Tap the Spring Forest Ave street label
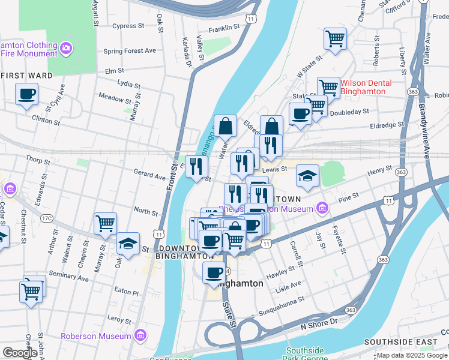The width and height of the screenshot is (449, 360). coord(129,50)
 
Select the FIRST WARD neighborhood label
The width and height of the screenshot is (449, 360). coord(26,76)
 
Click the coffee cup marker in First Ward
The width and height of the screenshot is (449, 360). coord(27,95)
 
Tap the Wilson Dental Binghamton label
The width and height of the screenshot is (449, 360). coord(366,87)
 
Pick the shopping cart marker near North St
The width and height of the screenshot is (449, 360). coord(106,224)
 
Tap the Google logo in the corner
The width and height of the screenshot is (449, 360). coord(20,353)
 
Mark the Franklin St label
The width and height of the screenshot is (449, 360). coord(224,28)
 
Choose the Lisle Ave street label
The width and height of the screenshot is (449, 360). coord(288,284)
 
